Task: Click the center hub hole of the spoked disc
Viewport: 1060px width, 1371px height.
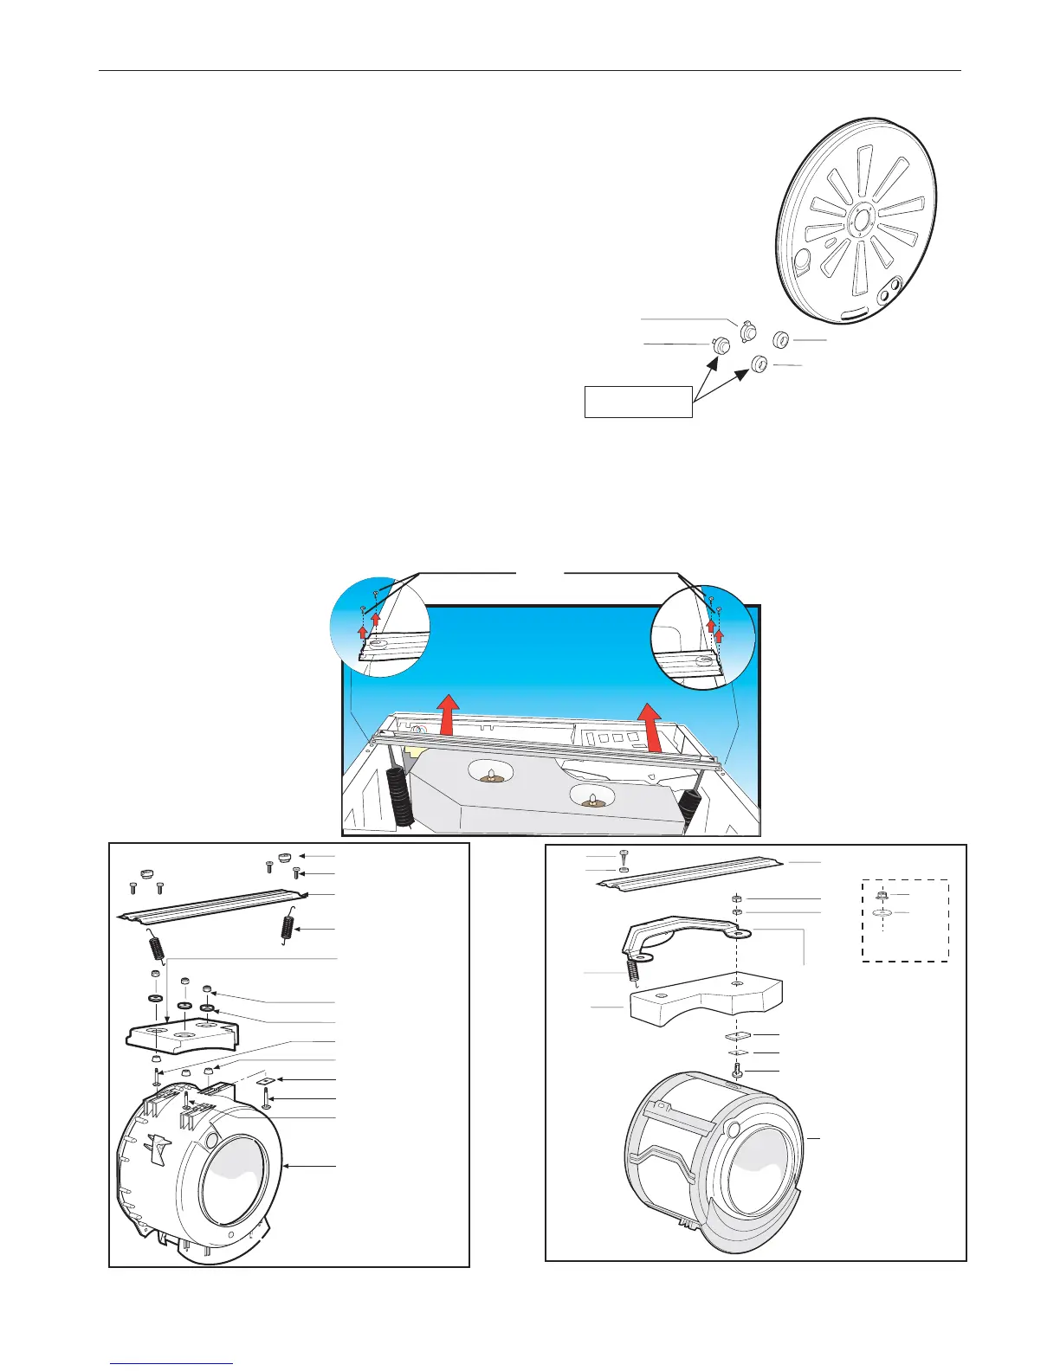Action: click(x=861, y=216)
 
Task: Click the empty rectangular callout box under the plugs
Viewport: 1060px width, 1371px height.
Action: click(x=638, y=402)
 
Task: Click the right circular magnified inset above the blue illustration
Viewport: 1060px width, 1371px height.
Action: click(x=702, y=639)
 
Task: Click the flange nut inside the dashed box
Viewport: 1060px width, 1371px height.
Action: click(x=881, y=895)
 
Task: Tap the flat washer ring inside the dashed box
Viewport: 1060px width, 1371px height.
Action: click(x=882, y=913)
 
